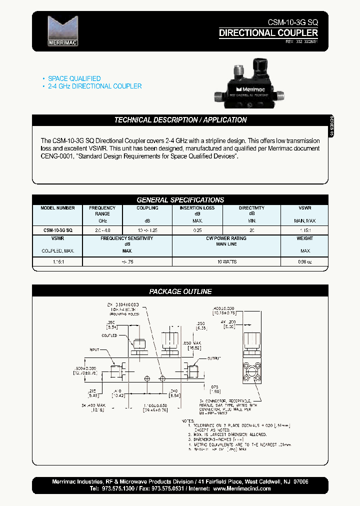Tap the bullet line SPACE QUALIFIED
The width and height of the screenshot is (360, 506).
click(74, 78)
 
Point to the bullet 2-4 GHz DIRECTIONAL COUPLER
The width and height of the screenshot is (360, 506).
click(94, 86)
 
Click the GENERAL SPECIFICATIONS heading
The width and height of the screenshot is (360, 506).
click(180, 199)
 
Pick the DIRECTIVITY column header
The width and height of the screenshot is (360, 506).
click(251, 208)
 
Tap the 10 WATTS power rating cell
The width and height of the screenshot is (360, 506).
click(227, 261)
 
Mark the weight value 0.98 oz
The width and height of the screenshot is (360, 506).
click(304, 261)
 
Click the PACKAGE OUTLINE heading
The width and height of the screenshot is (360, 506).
click(180, 291)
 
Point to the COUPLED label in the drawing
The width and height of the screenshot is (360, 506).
click(109, 335)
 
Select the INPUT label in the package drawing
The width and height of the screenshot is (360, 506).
click(95, 350)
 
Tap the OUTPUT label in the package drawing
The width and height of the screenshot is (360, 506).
click(213, 357)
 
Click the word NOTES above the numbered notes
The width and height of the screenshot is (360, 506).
click(187, 421)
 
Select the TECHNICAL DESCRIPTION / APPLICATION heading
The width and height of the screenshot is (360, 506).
click(180, 120)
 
